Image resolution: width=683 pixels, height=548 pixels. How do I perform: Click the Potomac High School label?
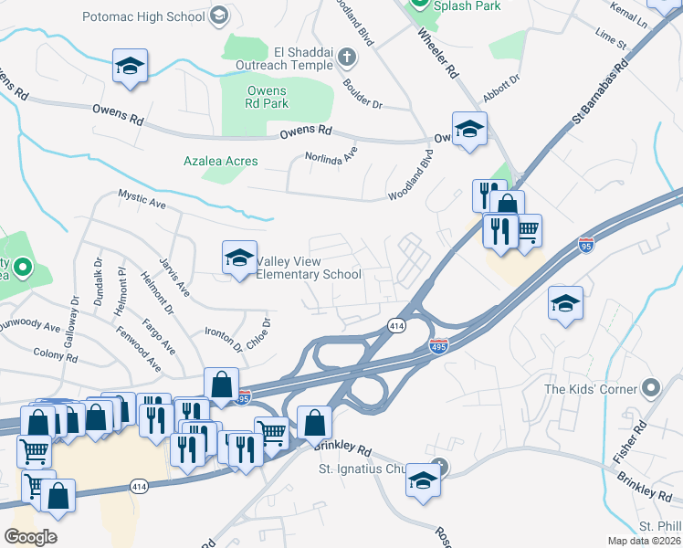[143, 16]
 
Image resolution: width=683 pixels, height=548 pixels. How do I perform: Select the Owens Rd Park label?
[267, 97]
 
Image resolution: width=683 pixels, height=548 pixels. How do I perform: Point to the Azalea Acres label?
[220, 161]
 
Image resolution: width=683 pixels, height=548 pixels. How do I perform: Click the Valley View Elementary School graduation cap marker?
[239, 258]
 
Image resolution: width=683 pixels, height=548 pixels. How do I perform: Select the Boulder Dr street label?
[363, 92]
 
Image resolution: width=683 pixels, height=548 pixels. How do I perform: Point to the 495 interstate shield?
[438, 346]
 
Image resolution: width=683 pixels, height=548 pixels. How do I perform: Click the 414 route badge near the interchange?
[396, 325]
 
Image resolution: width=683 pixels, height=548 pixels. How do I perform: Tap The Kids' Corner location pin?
[650, 389]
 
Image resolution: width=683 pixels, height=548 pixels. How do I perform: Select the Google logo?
[31, 537]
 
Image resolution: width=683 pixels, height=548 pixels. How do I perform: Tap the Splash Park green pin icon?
[418, 5]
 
